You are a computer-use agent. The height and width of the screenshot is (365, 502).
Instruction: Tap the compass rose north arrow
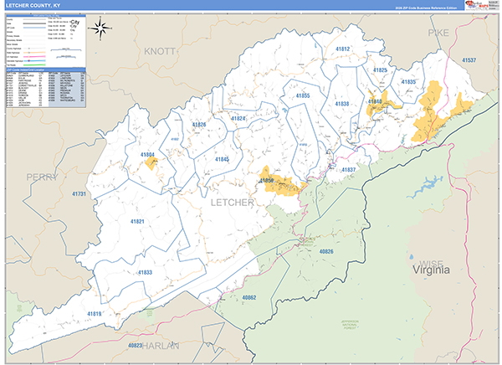(101, 28)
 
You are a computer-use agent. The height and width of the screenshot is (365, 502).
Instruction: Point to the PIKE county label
(438, 32)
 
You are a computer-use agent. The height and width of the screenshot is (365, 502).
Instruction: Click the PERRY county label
(42, 177)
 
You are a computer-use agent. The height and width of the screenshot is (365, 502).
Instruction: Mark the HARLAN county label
(161, 344)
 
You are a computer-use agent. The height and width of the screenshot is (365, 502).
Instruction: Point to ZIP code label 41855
(302, 96)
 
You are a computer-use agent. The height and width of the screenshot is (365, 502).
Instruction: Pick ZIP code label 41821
(138, 221)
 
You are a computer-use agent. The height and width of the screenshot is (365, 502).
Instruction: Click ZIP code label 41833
(144, 272)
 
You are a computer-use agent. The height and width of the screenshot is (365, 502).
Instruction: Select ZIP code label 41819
(94, 314)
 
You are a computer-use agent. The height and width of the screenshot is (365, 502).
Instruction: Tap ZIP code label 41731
(79, 193)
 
